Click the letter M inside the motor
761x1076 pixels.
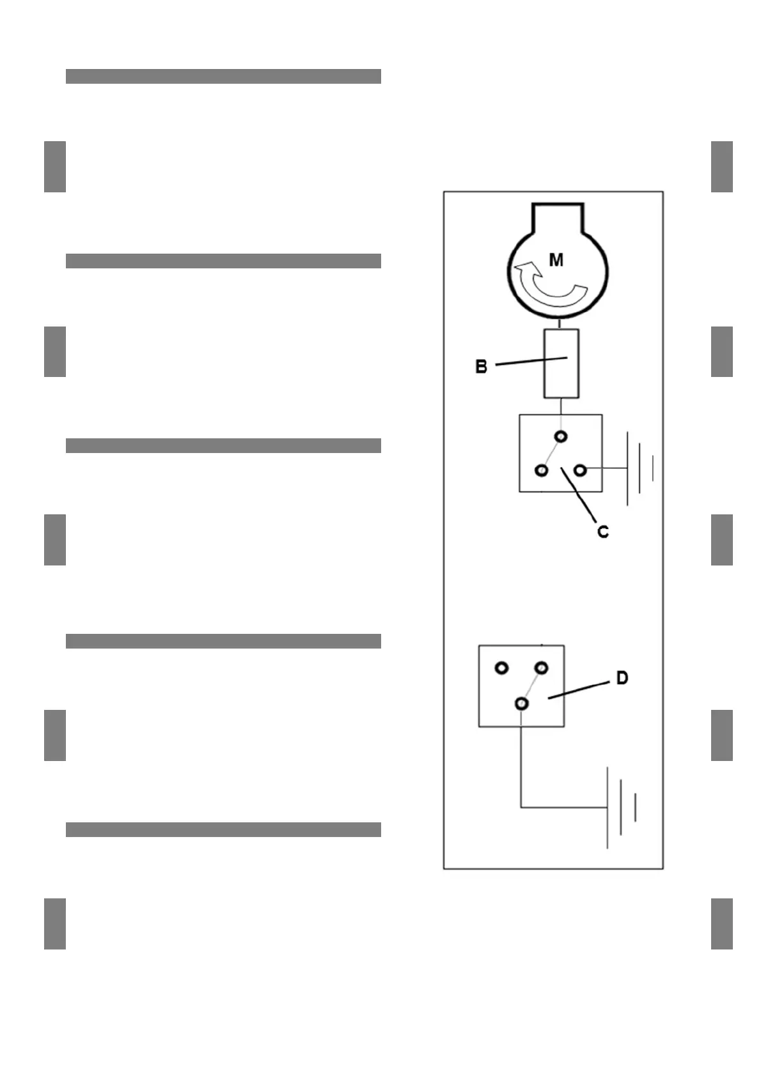point(556,260)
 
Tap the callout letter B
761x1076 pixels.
point(481,367)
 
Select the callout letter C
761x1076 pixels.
point(602,532)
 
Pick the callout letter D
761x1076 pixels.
point(622,678)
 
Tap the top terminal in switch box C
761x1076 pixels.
point(561,437)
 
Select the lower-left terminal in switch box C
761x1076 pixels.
point(542,471)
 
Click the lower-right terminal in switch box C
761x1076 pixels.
point(580,471)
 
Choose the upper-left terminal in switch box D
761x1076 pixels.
point(502,668)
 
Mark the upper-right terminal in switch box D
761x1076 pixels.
point(542,668)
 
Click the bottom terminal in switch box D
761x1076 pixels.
point(522,703)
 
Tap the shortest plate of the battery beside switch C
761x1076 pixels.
point(652,468)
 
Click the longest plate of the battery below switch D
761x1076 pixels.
point(608,808)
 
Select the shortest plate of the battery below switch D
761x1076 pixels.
point(635,808)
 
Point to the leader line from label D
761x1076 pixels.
point(579,690)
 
